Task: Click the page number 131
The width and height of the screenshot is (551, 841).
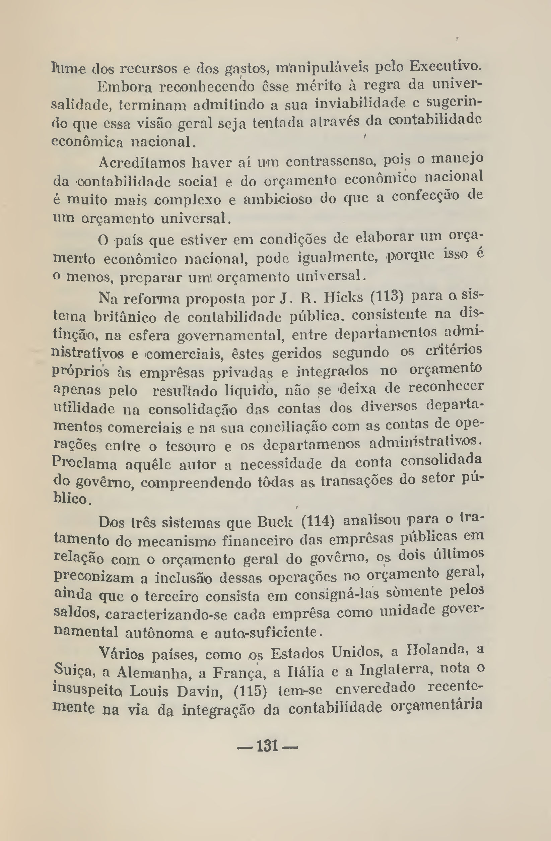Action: click(x=267, y=746)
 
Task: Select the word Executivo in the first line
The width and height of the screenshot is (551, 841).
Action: click(x=446, y=66)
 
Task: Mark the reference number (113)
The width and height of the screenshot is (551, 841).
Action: click(x=387, y=297)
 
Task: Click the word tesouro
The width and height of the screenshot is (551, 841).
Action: click(x=190, y=446)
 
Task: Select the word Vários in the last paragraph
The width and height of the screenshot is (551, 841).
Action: click(x=121, y=654)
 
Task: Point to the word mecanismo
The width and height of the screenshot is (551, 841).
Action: click(x=176, y=541)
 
